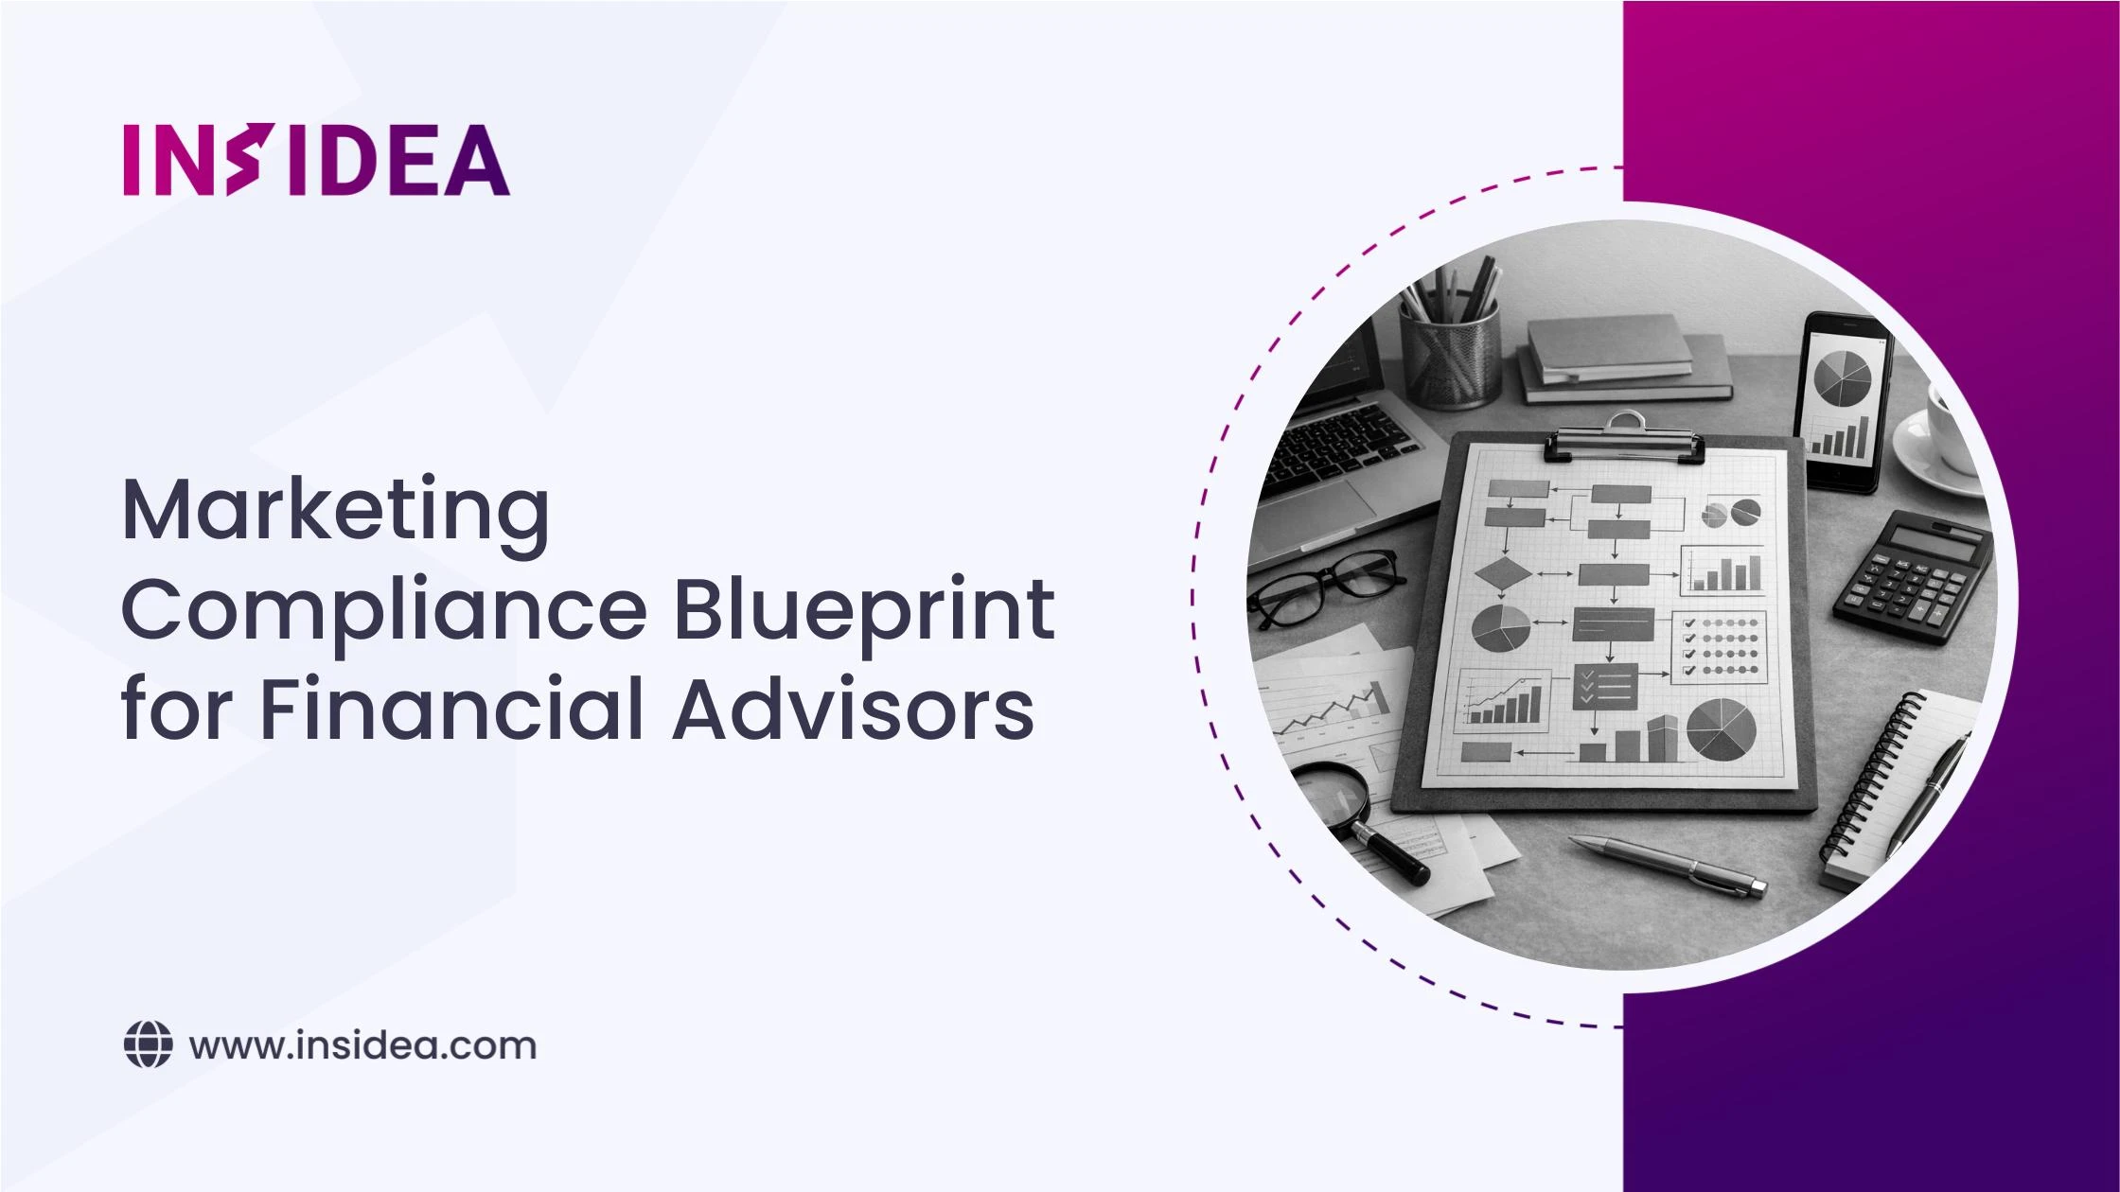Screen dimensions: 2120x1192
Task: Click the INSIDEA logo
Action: pos(316,160)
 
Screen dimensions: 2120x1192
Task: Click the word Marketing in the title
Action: pos(336,512)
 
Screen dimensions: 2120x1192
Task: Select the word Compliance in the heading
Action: pos(384,610)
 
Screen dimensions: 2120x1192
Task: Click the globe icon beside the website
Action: pos(149,1045)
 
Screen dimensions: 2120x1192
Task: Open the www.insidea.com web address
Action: pos(362,1046)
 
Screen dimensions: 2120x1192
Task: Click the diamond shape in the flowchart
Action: pos(1503,574)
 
